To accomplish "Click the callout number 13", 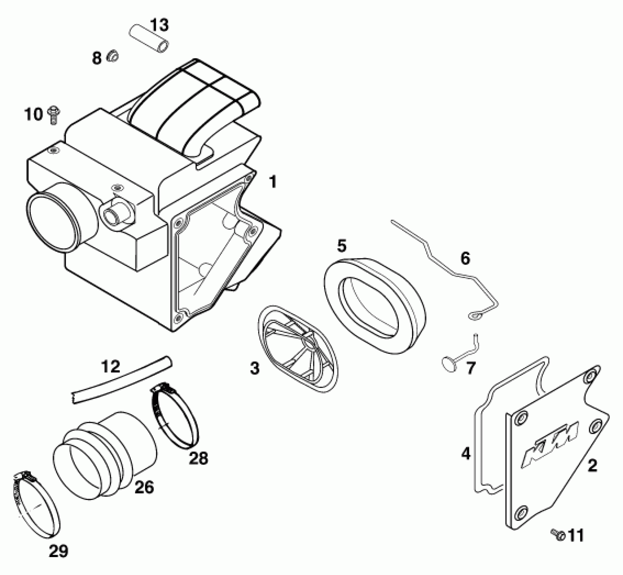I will coord(159,25).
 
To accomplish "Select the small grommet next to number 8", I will coord(113,56).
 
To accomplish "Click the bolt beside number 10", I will coord(53,115).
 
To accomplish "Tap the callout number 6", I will coord(465,259).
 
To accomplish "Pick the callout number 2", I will coord(592,466).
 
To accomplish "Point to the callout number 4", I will coord(465,453).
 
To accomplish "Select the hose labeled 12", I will coord(122,379).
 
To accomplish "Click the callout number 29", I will coord(58,551).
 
